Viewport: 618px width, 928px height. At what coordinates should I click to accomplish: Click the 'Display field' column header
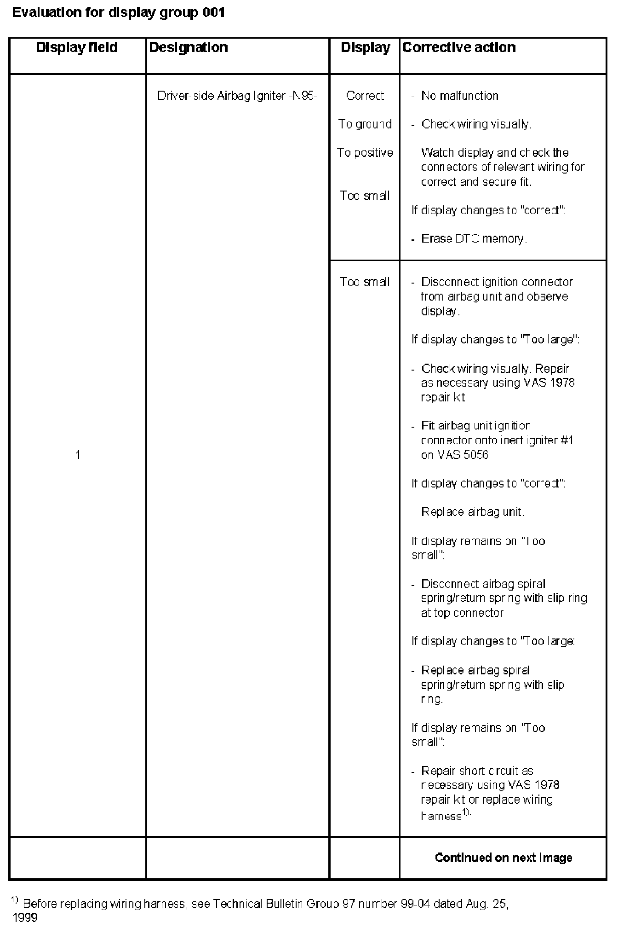77,47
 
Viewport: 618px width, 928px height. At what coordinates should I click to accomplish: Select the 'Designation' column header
189,47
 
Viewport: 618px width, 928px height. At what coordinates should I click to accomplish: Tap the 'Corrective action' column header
459,47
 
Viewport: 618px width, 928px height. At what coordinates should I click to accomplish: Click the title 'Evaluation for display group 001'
119,12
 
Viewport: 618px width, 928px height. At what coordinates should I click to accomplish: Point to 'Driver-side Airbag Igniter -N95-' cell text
237,96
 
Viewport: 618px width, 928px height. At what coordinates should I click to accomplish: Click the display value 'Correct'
365,96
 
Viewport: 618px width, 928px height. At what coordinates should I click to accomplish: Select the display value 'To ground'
365,124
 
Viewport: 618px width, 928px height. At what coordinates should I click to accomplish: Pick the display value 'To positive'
365,153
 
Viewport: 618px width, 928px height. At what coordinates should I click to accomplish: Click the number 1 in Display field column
78,455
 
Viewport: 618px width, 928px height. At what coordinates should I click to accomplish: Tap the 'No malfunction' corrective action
460,96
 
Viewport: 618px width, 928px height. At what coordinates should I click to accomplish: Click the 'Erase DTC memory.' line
474,239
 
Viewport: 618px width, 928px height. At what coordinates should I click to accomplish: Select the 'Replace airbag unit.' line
473,512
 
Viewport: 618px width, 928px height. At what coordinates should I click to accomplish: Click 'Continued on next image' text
504,858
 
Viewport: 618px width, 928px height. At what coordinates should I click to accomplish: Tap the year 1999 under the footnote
25,918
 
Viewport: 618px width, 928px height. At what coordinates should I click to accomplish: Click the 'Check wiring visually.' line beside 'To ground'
476,124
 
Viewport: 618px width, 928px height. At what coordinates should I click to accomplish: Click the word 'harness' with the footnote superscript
441,816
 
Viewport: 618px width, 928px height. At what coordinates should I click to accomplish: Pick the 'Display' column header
365,47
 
